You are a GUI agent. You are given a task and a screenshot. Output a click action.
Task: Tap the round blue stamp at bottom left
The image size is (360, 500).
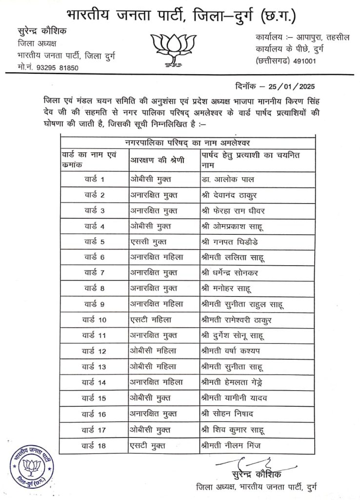click(x=31, y=467)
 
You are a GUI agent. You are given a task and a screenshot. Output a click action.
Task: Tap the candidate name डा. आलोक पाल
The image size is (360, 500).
click(x=227, y=180)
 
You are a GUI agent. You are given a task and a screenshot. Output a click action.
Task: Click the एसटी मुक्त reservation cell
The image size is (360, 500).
click(x=148, y=445)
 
